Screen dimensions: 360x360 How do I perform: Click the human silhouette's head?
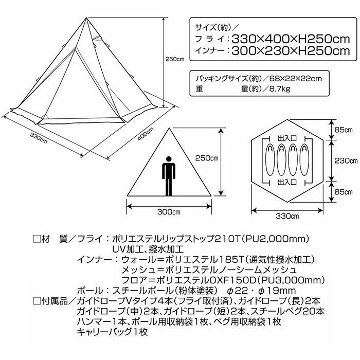(169, 159)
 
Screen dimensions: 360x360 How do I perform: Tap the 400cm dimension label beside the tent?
(146, 134)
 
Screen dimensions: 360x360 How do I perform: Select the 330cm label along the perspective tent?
(39, 138)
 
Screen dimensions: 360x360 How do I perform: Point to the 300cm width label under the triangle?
(169, 212)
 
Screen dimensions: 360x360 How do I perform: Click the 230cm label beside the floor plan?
(346, 160)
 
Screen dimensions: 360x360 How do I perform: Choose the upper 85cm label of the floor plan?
(344, 130)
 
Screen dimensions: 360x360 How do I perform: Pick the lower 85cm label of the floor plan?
(344, 191)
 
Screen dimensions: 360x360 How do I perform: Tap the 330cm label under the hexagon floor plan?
(287, 216)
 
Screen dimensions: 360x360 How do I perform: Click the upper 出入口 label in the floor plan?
(287, 138)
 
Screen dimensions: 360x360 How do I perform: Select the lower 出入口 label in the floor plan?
(287, 182)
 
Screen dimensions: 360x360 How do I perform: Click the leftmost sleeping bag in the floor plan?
(270, 159)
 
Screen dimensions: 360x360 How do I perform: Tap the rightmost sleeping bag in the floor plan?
(304, 159)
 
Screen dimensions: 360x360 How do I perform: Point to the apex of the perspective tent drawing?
(86, 17)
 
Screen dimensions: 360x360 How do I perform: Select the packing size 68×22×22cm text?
(296, 79)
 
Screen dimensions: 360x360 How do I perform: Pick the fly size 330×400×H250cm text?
(291, 39)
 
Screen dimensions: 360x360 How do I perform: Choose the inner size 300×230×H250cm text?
(291, 51)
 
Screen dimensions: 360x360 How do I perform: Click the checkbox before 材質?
(37, 239)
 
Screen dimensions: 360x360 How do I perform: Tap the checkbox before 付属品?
(37, 301)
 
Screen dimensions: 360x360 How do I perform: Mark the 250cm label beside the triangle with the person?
(207, 158)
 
